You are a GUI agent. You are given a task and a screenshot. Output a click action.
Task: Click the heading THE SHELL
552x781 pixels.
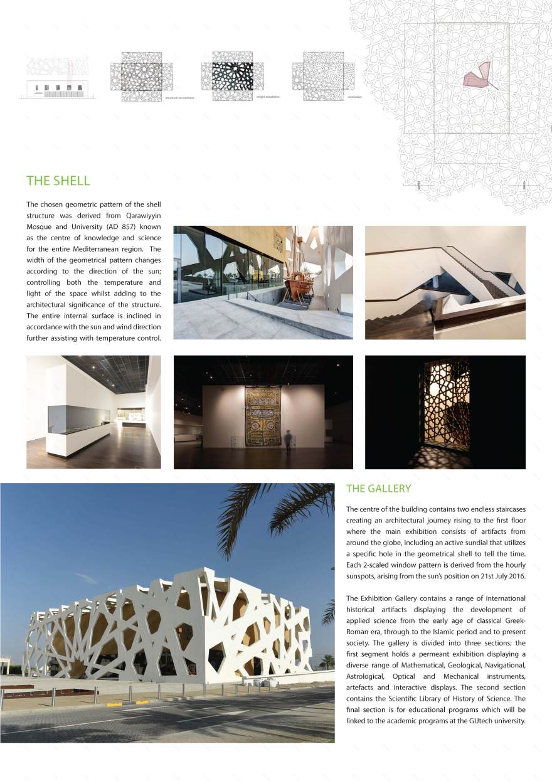(58, 181)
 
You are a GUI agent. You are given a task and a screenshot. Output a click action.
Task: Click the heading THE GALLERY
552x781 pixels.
(378, 488)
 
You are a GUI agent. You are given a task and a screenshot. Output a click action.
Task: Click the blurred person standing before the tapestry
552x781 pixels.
(288, 442)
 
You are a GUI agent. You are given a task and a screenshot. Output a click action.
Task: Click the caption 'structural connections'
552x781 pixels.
(179, 98)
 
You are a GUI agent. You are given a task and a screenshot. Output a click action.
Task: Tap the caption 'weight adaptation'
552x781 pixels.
(268, 97)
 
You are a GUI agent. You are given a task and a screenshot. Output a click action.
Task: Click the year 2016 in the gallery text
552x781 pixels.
(516, 576)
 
